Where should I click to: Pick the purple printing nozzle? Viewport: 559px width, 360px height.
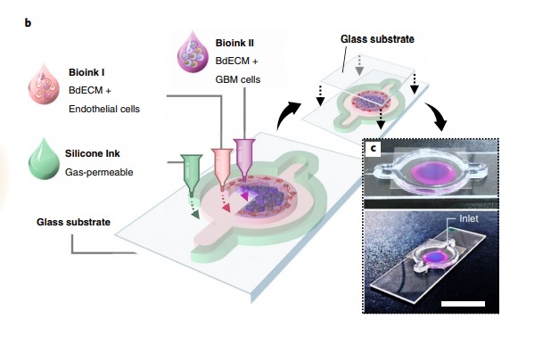tap(243, 153)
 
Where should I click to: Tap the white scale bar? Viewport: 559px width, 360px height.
tap(461, 302)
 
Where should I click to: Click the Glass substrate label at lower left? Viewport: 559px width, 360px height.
tap(74, 221)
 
